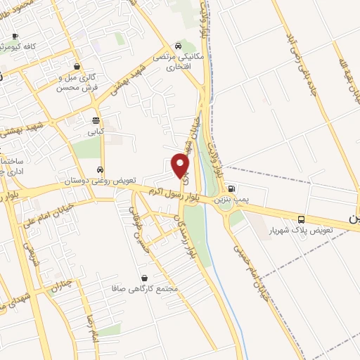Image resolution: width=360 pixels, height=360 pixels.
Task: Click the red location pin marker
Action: pyautogui.click(x=181, y=165)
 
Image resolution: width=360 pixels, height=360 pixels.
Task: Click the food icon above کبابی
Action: pyautogui.click(x=95, y=120)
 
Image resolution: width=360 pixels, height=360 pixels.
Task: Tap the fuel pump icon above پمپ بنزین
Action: pyautogui.click(x=232, y=189)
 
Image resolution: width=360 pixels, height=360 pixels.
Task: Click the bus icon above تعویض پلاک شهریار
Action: pyautogui.click(x=301, y=219)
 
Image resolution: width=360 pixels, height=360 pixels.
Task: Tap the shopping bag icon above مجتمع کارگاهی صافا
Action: pyautogui.click(x=144, y=278)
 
